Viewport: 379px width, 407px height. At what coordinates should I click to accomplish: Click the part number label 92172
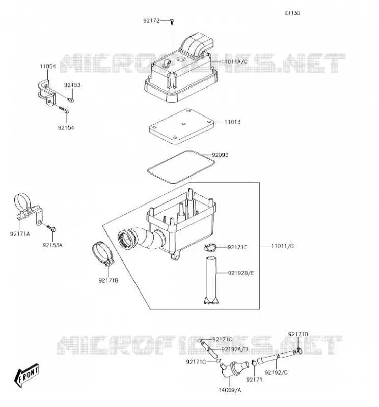151,21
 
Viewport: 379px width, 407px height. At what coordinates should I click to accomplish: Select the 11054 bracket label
47,67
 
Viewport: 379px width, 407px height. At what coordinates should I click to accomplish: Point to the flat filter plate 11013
181,126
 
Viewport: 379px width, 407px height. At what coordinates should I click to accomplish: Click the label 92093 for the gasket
220,155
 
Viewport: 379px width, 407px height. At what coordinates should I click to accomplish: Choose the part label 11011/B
282,246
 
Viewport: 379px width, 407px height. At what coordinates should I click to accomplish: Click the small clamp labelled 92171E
210,248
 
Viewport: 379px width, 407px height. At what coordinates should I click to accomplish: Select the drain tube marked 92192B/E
211,280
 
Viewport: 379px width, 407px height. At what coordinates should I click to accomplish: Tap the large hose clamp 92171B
103,253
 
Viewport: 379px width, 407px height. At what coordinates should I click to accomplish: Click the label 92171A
20,234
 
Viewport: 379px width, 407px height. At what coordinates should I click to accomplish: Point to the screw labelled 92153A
52,228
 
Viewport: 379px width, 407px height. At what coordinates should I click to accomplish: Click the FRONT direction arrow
26,375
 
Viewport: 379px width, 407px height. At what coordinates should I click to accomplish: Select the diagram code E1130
292,13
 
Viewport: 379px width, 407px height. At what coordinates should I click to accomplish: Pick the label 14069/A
230,390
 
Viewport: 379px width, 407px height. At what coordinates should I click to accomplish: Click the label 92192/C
276,373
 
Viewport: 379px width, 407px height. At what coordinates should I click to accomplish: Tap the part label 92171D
298,334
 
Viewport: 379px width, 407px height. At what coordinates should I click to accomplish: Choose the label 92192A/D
234,350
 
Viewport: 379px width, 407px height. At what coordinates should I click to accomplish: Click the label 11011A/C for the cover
234,62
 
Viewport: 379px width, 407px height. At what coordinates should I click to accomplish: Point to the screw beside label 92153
70,99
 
